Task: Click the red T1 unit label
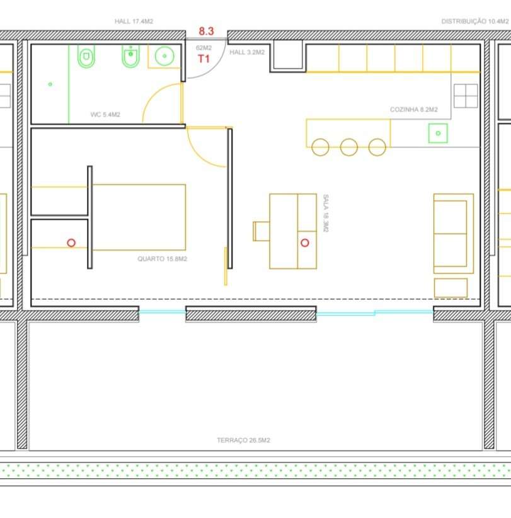click(x=204, y=59)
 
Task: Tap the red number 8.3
click(x=207, y=30)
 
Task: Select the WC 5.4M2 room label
click(x=105, y=115)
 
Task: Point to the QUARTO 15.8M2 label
click(x=162, y=259)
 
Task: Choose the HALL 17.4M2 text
click(x=134, y=21)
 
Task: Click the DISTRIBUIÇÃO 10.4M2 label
click(x=474, y=21)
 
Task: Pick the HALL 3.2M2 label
click(x=246, y=52)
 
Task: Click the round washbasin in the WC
click(x=165, y=56)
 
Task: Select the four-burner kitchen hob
click(x=466, y=96)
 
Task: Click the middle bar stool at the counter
click(x=348, y=147)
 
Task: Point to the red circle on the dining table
click(x=306, y=243)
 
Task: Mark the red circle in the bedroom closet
click(x=71, y=242)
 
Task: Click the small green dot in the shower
click(x=50, y=84)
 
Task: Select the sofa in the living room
click(x=454, y=233)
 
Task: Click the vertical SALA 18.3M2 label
click(x=325, y=213)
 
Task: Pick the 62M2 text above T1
click(x=204, y=48)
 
